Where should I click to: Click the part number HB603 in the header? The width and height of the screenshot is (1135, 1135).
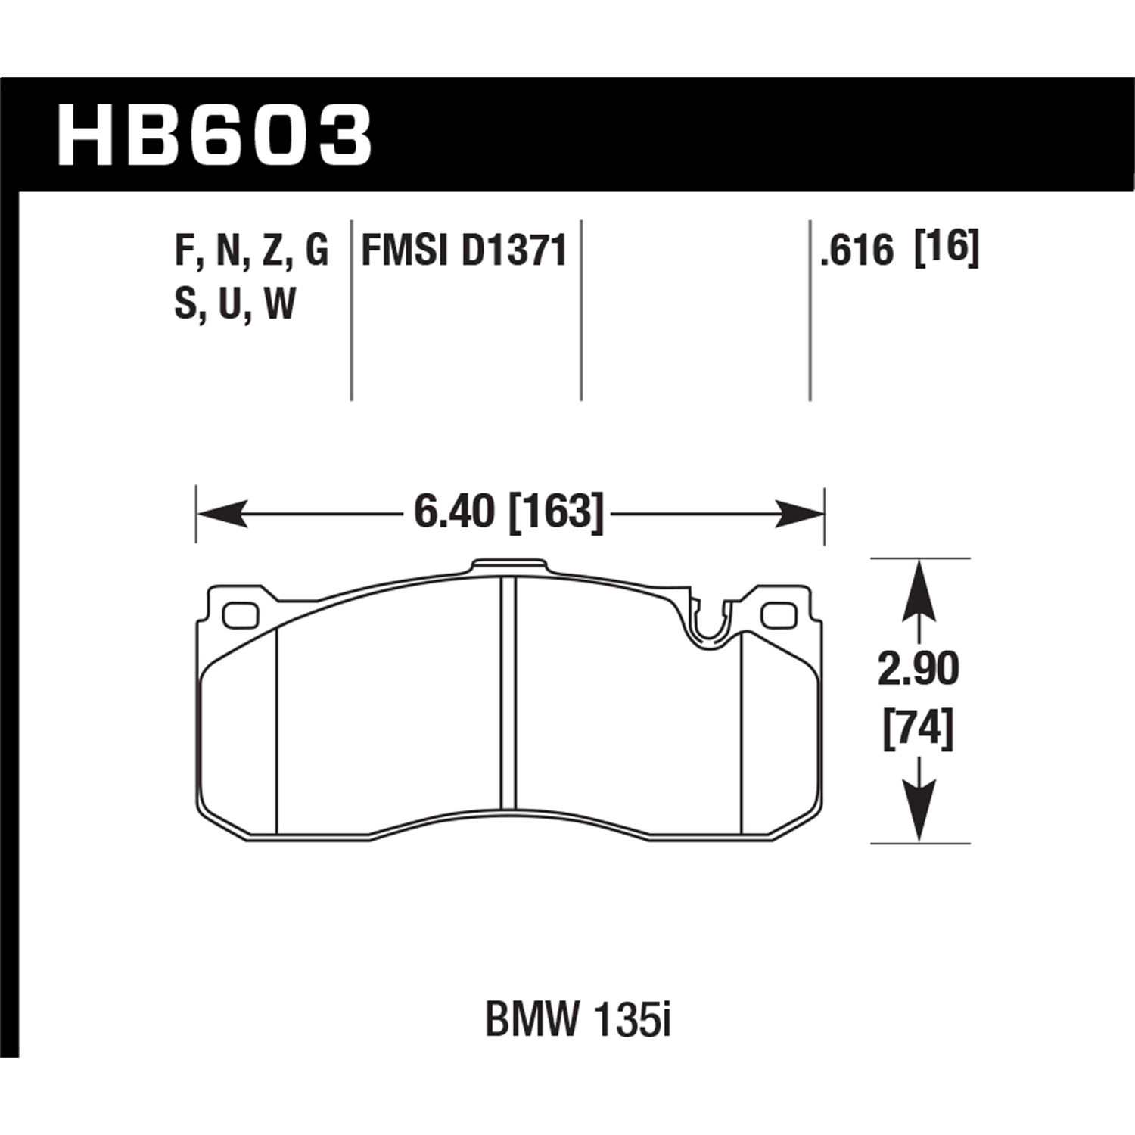(214, 136)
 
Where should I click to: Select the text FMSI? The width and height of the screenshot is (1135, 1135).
(406, 251)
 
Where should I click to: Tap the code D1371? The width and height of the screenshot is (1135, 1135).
(514, 251)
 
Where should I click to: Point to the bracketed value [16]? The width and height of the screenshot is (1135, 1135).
(947, 248)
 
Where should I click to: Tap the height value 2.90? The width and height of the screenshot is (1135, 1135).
(918, 670)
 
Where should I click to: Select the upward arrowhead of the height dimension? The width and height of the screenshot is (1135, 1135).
(919, 583)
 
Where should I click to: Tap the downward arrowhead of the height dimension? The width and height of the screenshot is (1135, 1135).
(919, 817)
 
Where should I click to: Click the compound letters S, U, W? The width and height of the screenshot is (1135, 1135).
(235, 306)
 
